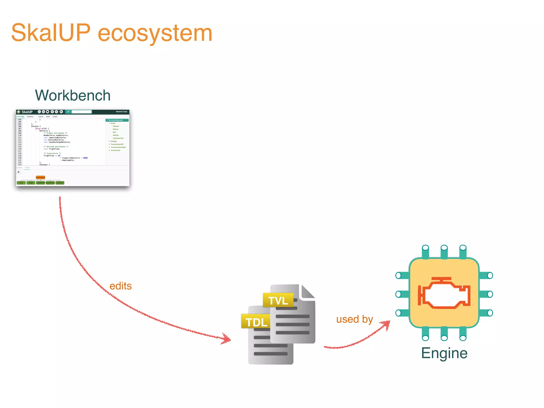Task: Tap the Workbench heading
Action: pyautogui.click(x=73, y=95)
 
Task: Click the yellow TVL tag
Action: pyautogui.click(x=278, y=300)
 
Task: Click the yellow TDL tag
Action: pyautogui.click(x=256, y=322)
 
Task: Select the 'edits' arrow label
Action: pyautogui.click(x=121, y=286)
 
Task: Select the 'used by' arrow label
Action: pyautogui.click(x=354, y=319)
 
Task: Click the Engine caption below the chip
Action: pyautogui.click(x=444, y=353)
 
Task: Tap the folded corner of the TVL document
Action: pyautogui.click(x=308, y=291)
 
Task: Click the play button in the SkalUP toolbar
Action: pyautogui.click(x=61, y=112)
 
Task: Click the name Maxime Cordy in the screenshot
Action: pyautogui.click(x=121, y=112)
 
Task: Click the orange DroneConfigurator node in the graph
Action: pyautogui.click(x=40, y=177)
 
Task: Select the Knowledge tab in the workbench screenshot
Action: pyautogui.click(x=20, y=117)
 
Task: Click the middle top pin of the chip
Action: pyautogui.click(x=444, y=251)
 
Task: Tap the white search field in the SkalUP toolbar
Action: pyautogui.click(x=82, y=112)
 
